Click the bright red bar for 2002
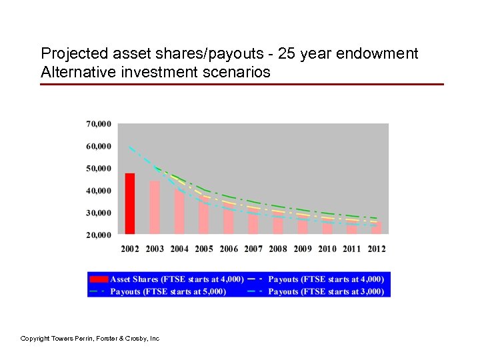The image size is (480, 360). [x=130, y=203]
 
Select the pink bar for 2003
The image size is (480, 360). [x=155, y=207]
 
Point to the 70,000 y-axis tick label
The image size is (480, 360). [x=98, y=124]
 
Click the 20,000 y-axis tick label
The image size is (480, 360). [x=98, y=235]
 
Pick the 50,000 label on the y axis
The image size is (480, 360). [x=98, y=168]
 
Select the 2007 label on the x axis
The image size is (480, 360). [x=253, y=249]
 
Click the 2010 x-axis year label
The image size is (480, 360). [x=327, y=249]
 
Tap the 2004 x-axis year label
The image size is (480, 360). [x=179, y=249]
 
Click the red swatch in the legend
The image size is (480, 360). [x=99, y=279]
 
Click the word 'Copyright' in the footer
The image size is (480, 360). [x=36, y=339]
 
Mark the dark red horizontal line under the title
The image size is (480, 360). [x=241, y=85]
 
